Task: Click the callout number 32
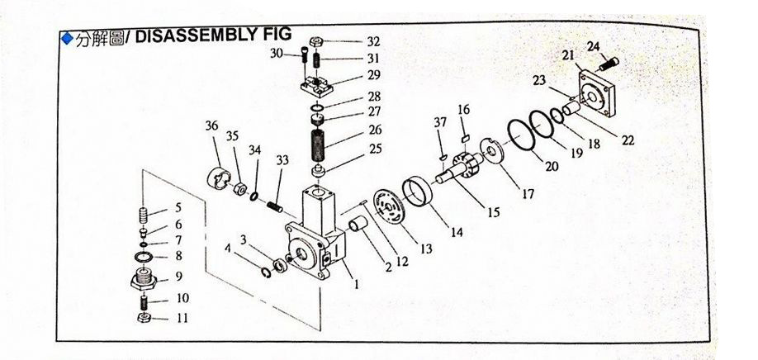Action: point(374,40)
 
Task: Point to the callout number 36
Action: point(212,126)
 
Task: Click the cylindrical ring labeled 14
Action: point(420,194)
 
